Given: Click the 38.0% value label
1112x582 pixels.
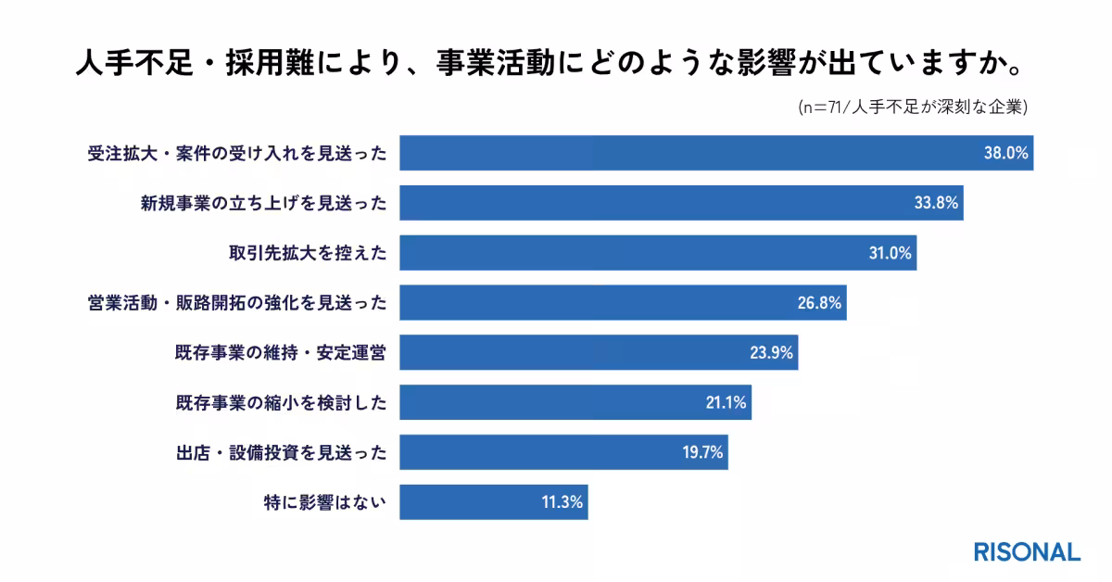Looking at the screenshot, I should pos(1005,153).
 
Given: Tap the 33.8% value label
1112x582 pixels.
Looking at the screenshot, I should pos(936,203).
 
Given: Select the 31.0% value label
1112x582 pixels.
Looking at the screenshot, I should pos(890,253).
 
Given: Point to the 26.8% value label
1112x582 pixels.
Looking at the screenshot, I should pos(819,303).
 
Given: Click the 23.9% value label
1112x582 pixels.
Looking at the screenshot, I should pos(771,353).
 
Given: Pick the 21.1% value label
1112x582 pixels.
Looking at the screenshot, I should pos(725,403).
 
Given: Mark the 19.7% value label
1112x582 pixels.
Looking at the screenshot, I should pos(701,453).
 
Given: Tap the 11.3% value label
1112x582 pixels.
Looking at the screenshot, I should pos(562,503).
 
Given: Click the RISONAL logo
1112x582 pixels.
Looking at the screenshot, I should pos(1027,551).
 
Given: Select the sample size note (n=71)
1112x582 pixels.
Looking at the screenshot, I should pos(913,108).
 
